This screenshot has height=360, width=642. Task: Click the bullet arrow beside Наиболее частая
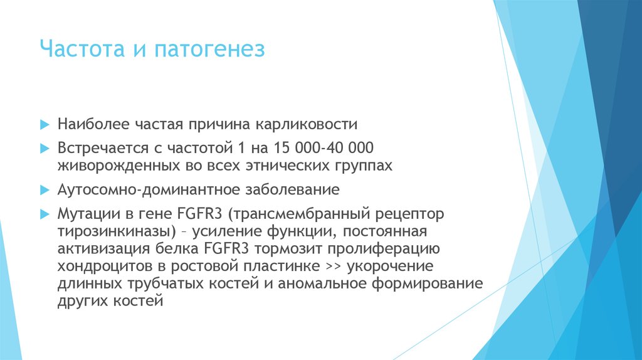click(x=44, y=124)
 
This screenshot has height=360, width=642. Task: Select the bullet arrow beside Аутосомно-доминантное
click(x=44, y=189)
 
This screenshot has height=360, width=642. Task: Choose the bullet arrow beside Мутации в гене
click(x=44, y=213)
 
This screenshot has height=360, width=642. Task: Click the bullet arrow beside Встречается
click(x=44, y=149)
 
